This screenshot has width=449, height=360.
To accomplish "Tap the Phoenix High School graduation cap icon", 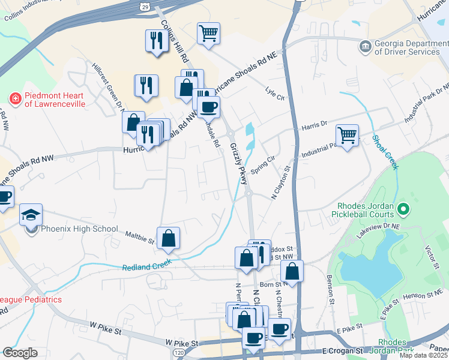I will pos(31,215).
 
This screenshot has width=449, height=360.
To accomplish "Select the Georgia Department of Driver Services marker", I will pos(365,47).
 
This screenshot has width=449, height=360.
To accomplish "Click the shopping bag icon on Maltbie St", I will pos(169,238).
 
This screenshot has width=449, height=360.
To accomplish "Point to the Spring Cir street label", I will pos(262,166).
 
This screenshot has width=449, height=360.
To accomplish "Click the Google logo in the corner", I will pos(20,353).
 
